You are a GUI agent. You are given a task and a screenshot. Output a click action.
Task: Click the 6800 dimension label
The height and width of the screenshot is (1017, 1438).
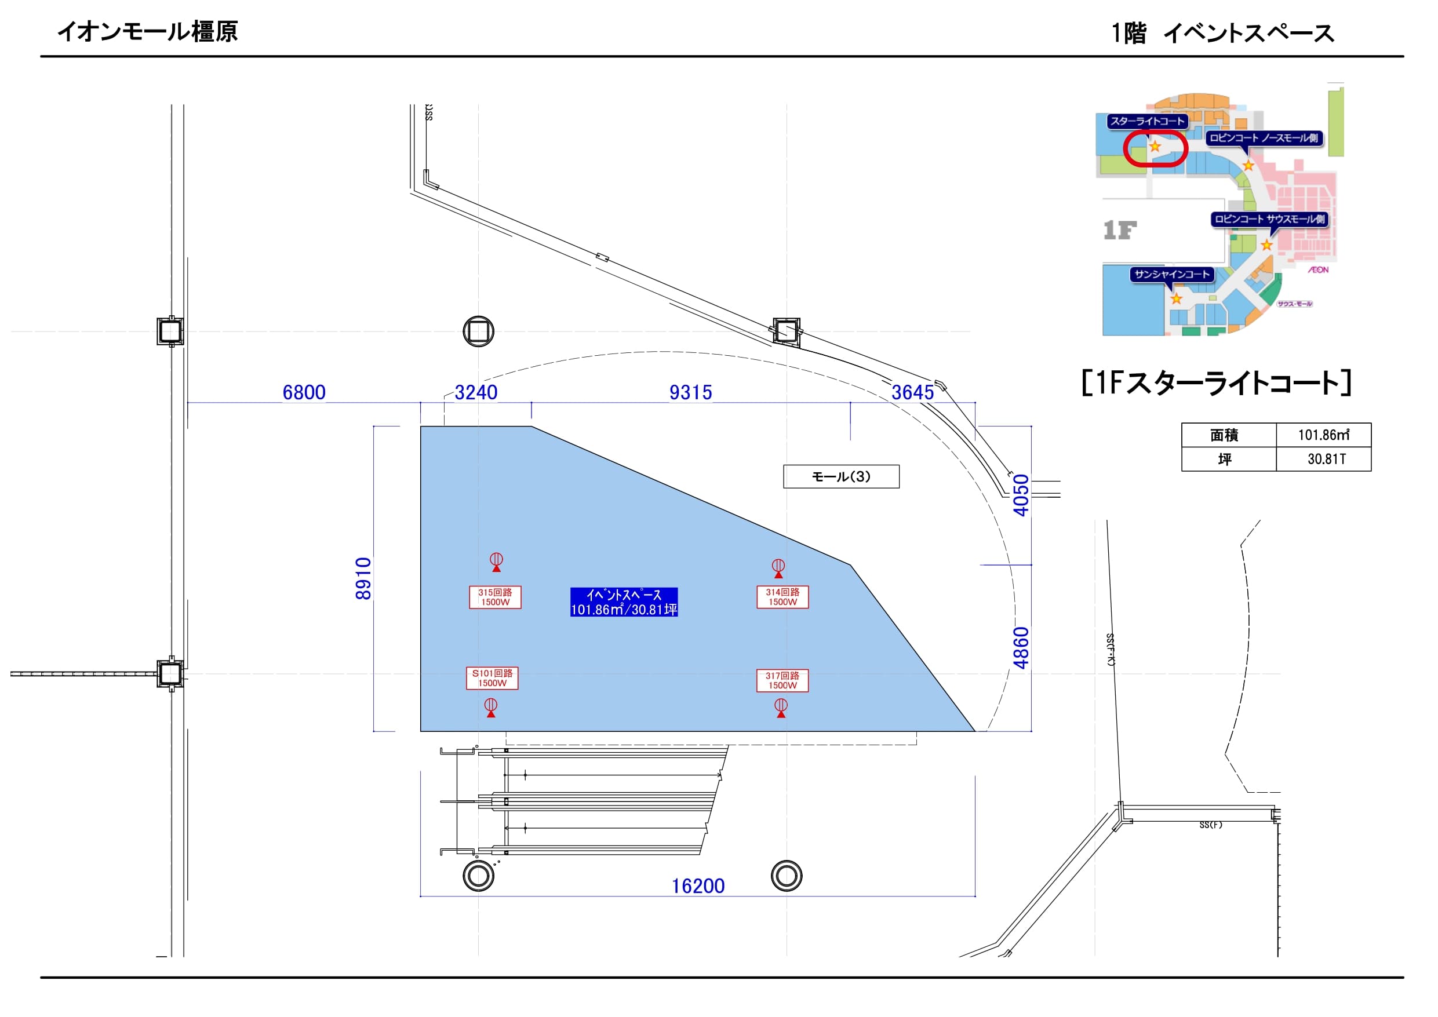(304, 393)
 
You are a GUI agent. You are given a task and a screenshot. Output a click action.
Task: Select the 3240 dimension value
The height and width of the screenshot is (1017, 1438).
(476, 393)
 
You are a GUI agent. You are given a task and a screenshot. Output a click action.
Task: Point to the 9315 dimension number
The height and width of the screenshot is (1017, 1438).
(690, 393)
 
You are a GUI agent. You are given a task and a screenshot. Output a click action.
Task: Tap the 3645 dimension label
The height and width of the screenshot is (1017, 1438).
(912, 393)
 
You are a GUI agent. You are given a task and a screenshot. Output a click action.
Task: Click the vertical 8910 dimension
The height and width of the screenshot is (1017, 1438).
(364, 579)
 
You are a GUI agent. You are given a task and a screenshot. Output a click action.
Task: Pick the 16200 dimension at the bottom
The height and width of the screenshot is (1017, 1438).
(698, 886)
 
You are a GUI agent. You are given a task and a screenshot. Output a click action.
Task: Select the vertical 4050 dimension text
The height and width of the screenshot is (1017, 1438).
(1021, 495)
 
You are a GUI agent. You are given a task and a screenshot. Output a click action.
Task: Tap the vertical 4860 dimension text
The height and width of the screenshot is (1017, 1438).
(1021, 648)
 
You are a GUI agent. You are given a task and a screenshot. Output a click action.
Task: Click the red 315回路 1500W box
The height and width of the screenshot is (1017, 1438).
(495, 597)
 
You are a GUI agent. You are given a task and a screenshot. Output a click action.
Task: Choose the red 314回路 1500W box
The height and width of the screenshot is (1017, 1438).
(782, 597)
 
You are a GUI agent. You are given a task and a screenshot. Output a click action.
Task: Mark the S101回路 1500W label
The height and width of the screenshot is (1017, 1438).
(492, 678)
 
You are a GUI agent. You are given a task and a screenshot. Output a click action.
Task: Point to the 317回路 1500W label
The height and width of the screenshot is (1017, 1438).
(782, 681)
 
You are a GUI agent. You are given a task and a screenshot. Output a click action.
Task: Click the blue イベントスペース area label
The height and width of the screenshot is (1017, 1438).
(624, 603)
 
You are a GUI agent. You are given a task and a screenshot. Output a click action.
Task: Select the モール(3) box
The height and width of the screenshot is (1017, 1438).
(840, 476)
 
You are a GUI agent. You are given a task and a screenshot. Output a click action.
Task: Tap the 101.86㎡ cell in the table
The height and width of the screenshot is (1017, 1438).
(1323, 435)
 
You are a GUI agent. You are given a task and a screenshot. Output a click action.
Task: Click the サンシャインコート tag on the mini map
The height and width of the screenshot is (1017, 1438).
(1172, 274)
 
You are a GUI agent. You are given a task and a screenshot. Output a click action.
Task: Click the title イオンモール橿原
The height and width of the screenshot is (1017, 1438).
(147, 31)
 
